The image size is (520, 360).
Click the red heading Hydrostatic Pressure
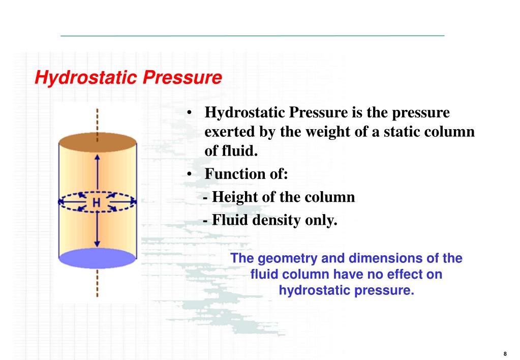pyautogui.click(x=128, y=78)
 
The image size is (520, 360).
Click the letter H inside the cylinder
pyautogui.click(x=97, y=203)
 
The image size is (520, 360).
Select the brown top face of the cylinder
pyautogui.click(x=97, y=141)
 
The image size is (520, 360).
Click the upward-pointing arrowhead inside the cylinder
pyautogui.click(x=97, y=157)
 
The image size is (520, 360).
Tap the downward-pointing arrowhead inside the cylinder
pyautogui.click(x=97, y=245)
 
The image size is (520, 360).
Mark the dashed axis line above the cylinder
pyautogui.click(x=97, y=119)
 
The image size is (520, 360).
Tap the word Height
pyautogui.click(x=231, y=197)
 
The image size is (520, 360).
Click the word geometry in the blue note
pyautogui.click(x=280, y=258)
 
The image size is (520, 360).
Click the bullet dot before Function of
pyautogui.click(x=189, y=174)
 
